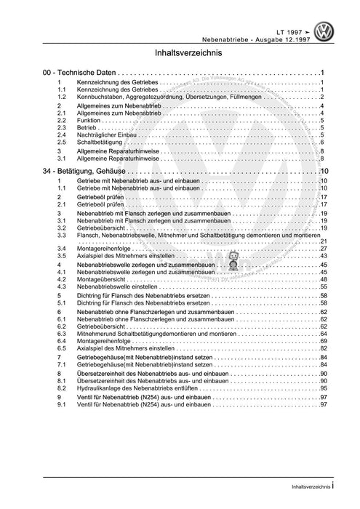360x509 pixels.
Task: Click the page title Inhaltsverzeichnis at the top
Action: point(180,54)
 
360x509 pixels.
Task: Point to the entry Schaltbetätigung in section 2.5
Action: point(99,143)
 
